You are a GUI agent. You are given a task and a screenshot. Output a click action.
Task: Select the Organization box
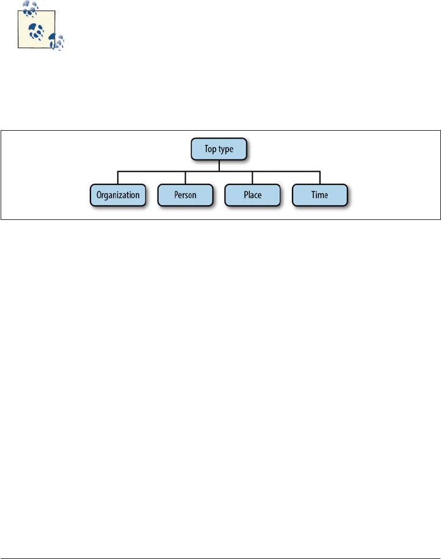tap(117, 195)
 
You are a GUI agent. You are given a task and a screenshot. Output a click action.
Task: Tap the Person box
tap(185, 195)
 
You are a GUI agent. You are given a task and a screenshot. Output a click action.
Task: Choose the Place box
tap(252, 195)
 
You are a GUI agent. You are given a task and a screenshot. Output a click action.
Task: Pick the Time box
tap(319, 195)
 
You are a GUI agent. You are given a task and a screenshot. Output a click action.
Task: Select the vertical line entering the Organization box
tap(118, 178)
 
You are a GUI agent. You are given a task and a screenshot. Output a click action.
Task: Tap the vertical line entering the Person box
tap(185, 178)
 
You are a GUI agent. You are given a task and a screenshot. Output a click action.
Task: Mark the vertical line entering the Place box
tap(253, 178)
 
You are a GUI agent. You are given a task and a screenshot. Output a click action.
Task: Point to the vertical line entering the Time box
tap(320, 178)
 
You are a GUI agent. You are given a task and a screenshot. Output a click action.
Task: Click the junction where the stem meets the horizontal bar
tap(219, 172)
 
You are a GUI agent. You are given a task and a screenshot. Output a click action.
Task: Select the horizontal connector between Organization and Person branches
tap(151, 172)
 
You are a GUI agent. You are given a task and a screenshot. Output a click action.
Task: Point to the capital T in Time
tap(312, 195)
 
